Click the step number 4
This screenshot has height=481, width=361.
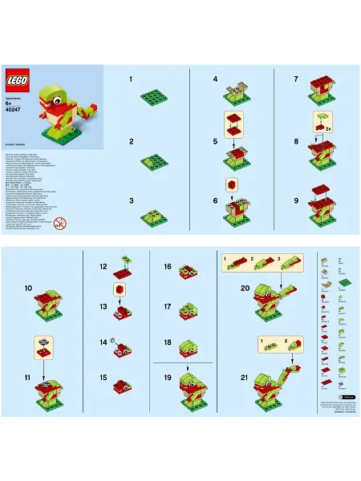pyautogui.click(x=215, y=80)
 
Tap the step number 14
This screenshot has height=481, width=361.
pyautogui.click(x=103, y=342)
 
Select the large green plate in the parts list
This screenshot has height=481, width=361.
pyautogui.click(x=347, y=282)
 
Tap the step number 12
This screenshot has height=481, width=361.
pyautogui.click(x=103, y=265)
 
